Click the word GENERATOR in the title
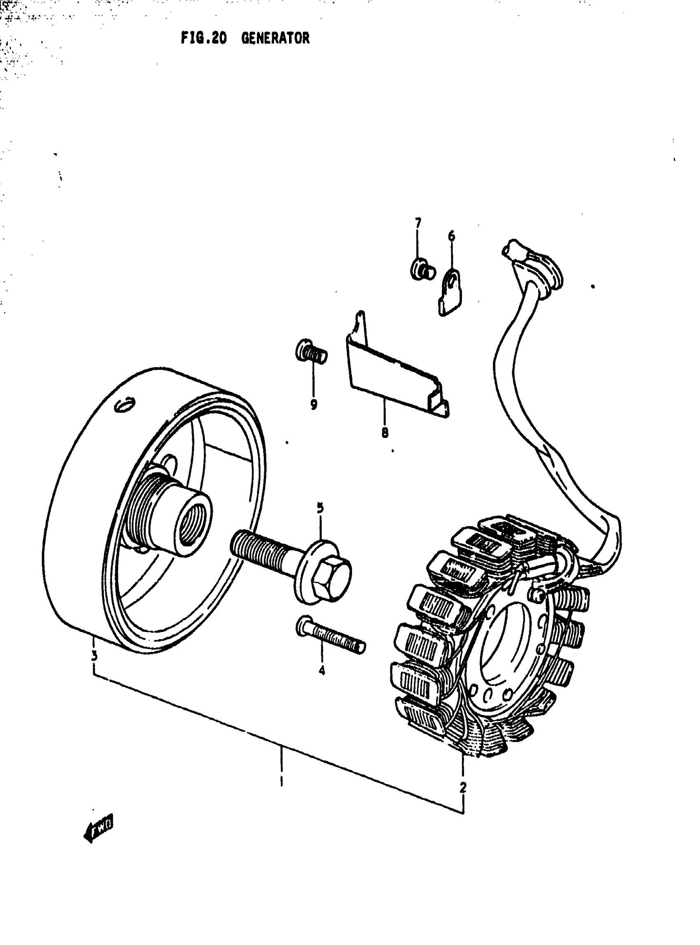tap(275, 39)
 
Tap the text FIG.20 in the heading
tap(204, 39)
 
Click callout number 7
tap(418, 223)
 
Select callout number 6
tap(451, 236)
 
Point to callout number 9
tap(314, 404)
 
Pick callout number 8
tap(385, 433)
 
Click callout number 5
tap(320, 508)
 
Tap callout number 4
tap(322, 670)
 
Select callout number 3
tap(94, 656)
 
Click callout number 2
tap(463, 787)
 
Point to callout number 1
tap(281, 780)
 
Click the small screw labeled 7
tap(422, 270)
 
